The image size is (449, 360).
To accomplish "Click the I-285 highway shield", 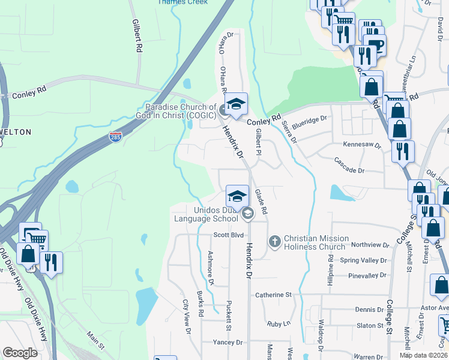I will (x=116, y=137).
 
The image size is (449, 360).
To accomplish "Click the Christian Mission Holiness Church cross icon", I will (x=275, y=242).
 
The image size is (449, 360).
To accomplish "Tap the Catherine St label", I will (x=273, y=295).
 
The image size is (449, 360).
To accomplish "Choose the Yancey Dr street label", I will (x=228, y=342).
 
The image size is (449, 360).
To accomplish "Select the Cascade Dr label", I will (x=349, y=170).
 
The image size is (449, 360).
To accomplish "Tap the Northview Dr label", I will (x=370, y=245).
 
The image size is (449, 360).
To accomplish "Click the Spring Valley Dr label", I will (x=364, y=260).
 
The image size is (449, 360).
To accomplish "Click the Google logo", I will (x=20, y=353).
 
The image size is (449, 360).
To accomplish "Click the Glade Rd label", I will (x=261, y=202).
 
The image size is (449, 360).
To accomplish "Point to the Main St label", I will (x=95, y=340).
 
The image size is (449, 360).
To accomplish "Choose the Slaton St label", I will (x=370, y=325).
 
